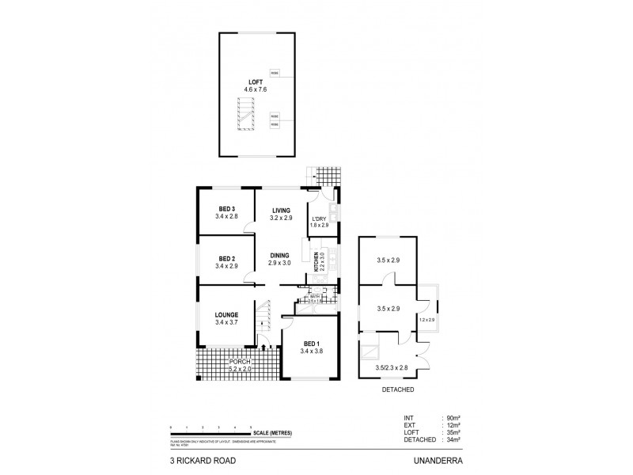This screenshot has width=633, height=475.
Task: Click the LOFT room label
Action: point(253,81)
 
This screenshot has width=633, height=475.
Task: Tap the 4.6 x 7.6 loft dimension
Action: point(253,89)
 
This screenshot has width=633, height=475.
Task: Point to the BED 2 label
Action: point(226,258)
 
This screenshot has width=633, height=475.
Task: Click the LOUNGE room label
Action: point(226,315)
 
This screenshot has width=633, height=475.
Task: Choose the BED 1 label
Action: point(310,344)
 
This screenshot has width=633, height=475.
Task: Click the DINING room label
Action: point(279,255)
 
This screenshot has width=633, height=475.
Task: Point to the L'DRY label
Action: point(320,218)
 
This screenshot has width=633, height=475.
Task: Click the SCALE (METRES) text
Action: point(272,433)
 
